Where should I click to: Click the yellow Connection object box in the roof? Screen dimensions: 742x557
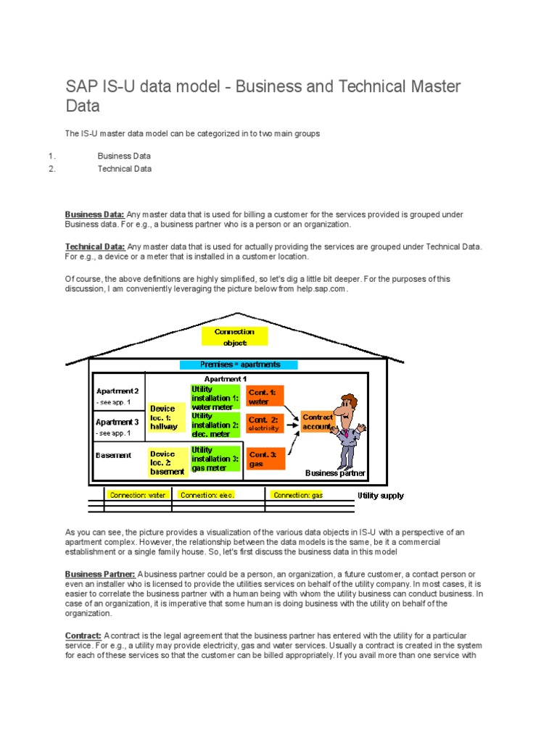click(x=234, y=337)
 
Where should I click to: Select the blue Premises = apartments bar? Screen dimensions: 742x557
click(x=239, y=364)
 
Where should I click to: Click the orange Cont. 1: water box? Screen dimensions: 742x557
click(x=265, y=396)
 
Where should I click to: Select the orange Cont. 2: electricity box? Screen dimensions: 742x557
click(x=265, y=424)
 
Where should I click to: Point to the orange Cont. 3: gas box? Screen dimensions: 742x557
click(x=265, y=459)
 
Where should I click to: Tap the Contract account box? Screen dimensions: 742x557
click(x=318, y=422)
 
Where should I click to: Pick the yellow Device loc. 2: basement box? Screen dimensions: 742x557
click(x=167, y=462)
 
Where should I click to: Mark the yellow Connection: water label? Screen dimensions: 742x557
click(x=137, y=495)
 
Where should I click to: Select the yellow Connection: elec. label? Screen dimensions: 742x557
click(x=207, y=495)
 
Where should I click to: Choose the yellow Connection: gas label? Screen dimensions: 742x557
click(x=297, y=495)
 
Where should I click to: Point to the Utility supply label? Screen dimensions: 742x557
click(x=380, y=496)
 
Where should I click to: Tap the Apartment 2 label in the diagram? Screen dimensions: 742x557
click(x=117, y=391)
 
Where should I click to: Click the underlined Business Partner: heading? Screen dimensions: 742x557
click(x=100, y=574)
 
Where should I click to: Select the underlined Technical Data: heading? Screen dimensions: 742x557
click(x=95, y=246)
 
